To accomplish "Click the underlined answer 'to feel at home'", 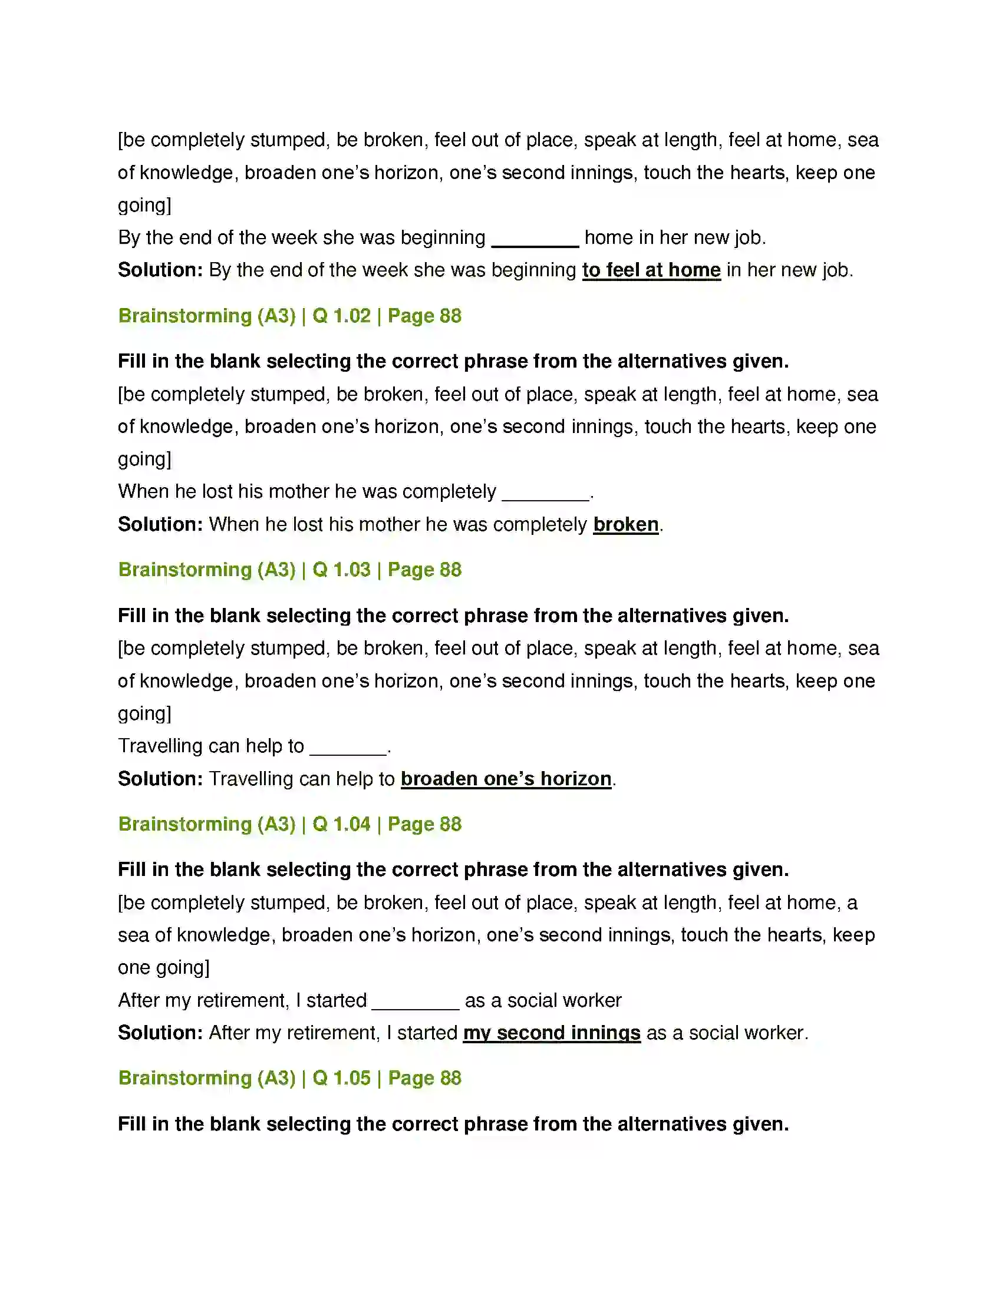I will coord(651,270).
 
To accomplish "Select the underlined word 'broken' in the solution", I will coord(625,524).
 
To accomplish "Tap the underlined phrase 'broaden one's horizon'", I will coord(506,779).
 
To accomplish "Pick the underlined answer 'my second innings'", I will coord(552,1033).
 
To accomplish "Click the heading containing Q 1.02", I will coord(289,316).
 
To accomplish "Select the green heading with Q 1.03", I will coord(289,570).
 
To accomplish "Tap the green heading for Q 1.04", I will coord(289,824).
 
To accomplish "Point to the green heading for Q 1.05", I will coord(289,1078).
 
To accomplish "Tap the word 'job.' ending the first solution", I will coord(838,270).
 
